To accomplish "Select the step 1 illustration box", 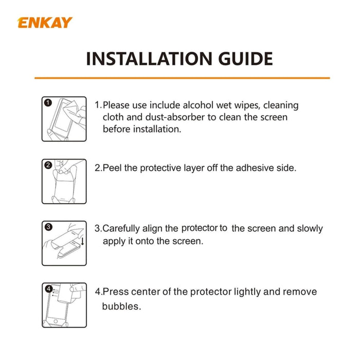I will [x=64, y=119].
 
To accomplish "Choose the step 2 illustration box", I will [x=64, y=181].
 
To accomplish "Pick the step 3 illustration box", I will [x=64, y=244].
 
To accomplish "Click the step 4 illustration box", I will [x=64, y=305].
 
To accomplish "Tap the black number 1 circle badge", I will [x=48, y=103].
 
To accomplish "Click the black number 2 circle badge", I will [x=48, y=165].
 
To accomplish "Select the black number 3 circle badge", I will [x=48, y=227].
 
